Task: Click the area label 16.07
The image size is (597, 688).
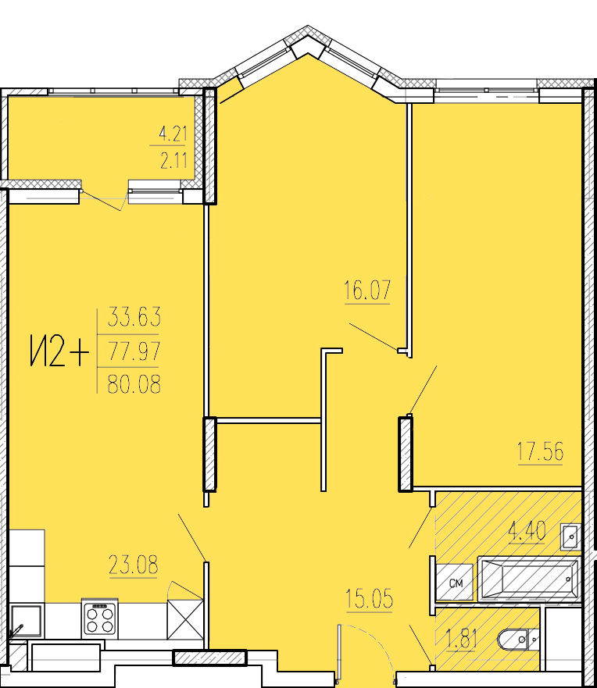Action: point(366,291)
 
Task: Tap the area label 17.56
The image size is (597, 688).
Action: point(540,451)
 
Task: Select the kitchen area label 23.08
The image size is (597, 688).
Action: point(133,565)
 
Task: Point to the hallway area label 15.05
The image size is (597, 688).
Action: point(369,600)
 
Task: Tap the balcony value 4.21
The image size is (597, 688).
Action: point(173,134)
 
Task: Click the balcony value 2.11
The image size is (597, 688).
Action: point(173,162)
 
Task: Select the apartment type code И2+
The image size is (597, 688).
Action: point(58,351)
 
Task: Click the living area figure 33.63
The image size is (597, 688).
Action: point(134,317)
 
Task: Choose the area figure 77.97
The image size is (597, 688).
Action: point(134,351)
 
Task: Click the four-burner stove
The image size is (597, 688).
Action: point(99,619)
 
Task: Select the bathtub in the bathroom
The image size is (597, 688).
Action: point(528,579)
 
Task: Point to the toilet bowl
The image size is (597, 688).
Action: point(516,640)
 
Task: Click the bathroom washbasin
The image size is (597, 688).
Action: point(570,537)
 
